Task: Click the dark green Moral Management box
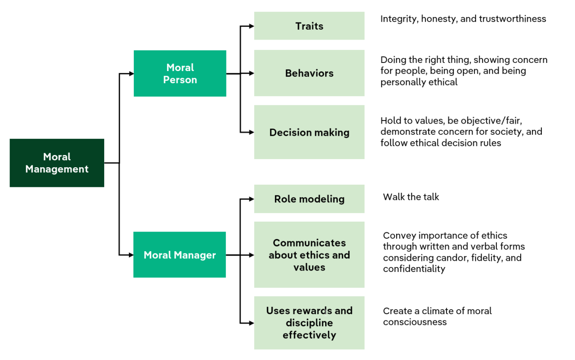click(57, 163)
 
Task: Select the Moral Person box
click(180, 73)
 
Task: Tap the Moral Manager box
click(180, 255)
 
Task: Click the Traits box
click(309, 26)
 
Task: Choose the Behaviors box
click(309, 73)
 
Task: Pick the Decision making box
click(309, 132)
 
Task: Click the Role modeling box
click(309, 199)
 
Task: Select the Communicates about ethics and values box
click(309, 255)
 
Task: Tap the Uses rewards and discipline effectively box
click(309, 323)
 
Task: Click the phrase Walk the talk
click(411, 197)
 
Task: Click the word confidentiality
click(414, 269)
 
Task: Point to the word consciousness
click(415, 322)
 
